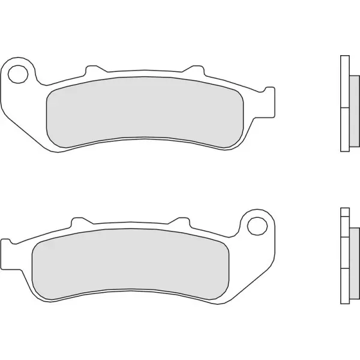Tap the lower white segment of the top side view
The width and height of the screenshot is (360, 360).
point(344,130)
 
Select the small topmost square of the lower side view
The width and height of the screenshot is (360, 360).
point(344,211)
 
